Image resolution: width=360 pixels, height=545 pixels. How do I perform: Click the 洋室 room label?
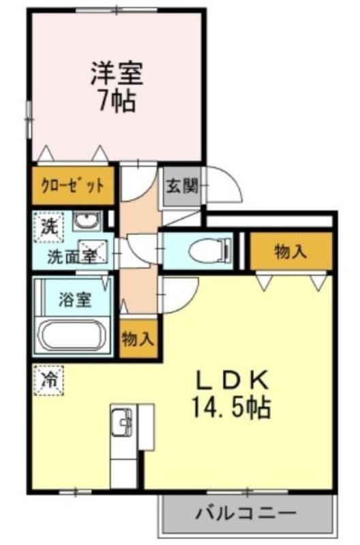click(x=117, y=74)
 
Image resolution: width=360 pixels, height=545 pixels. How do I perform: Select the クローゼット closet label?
click(x=73, y=185)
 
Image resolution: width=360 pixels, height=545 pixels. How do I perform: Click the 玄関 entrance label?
click(x=182, y=186)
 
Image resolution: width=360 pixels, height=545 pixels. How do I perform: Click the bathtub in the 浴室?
click(x=73, y=336)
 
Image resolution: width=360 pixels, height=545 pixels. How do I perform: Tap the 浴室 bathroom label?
click(x=75, y=300)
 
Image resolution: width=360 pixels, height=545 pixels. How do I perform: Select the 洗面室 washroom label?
click(x=71, y=257)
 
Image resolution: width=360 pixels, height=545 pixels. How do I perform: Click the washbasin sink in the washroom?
click(x=87, y=221)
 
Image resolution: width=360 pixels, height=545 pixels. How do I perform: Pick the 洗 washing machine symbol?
click(x=48, y=227)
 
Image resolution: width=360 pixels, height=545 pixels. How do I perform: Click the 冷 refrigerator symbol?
click(x=48, y=380)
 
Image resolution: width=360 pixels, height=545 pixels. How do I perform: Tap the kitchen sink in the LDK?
click(x=122, y=421)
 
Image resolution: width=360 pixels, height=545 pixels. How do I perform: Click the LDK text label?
click(x=232, y=380)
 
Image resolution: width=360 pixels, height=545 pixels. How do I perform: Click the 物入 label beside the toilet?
click(x=290, y=251)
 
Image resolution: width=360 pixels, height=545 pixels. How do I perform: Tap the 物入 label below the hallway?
click(x=138, y=339)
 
